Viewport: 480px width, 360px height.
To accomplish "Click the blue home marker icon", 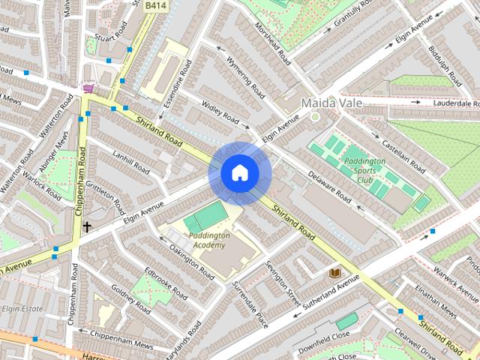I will [x=239, y=173].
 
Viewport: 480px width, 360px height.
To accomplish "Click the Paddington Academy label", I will [x=208, y=240].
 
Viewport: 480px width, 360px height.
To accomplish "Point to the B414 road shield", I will [x=155, y=5].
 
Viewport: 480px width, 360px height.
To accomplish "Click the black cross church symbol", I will [x=87, y=226].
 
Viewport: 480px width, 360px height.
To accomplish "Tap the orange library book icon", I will [x=335, y=273].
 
